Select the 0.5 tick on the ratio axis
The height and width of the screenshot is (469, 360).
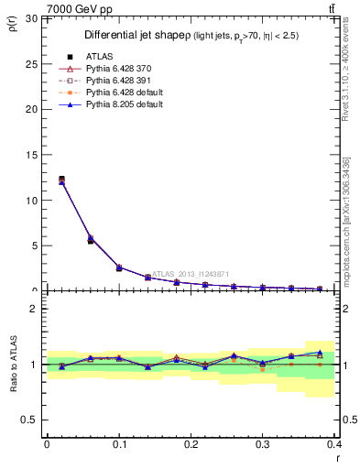click(x=29, y=420)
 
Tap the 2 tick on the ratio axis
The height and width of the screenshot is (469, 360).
click(x=33, y=309)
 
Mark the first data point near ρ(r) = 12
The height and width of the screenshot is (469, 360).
click(x=61, y=180)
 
